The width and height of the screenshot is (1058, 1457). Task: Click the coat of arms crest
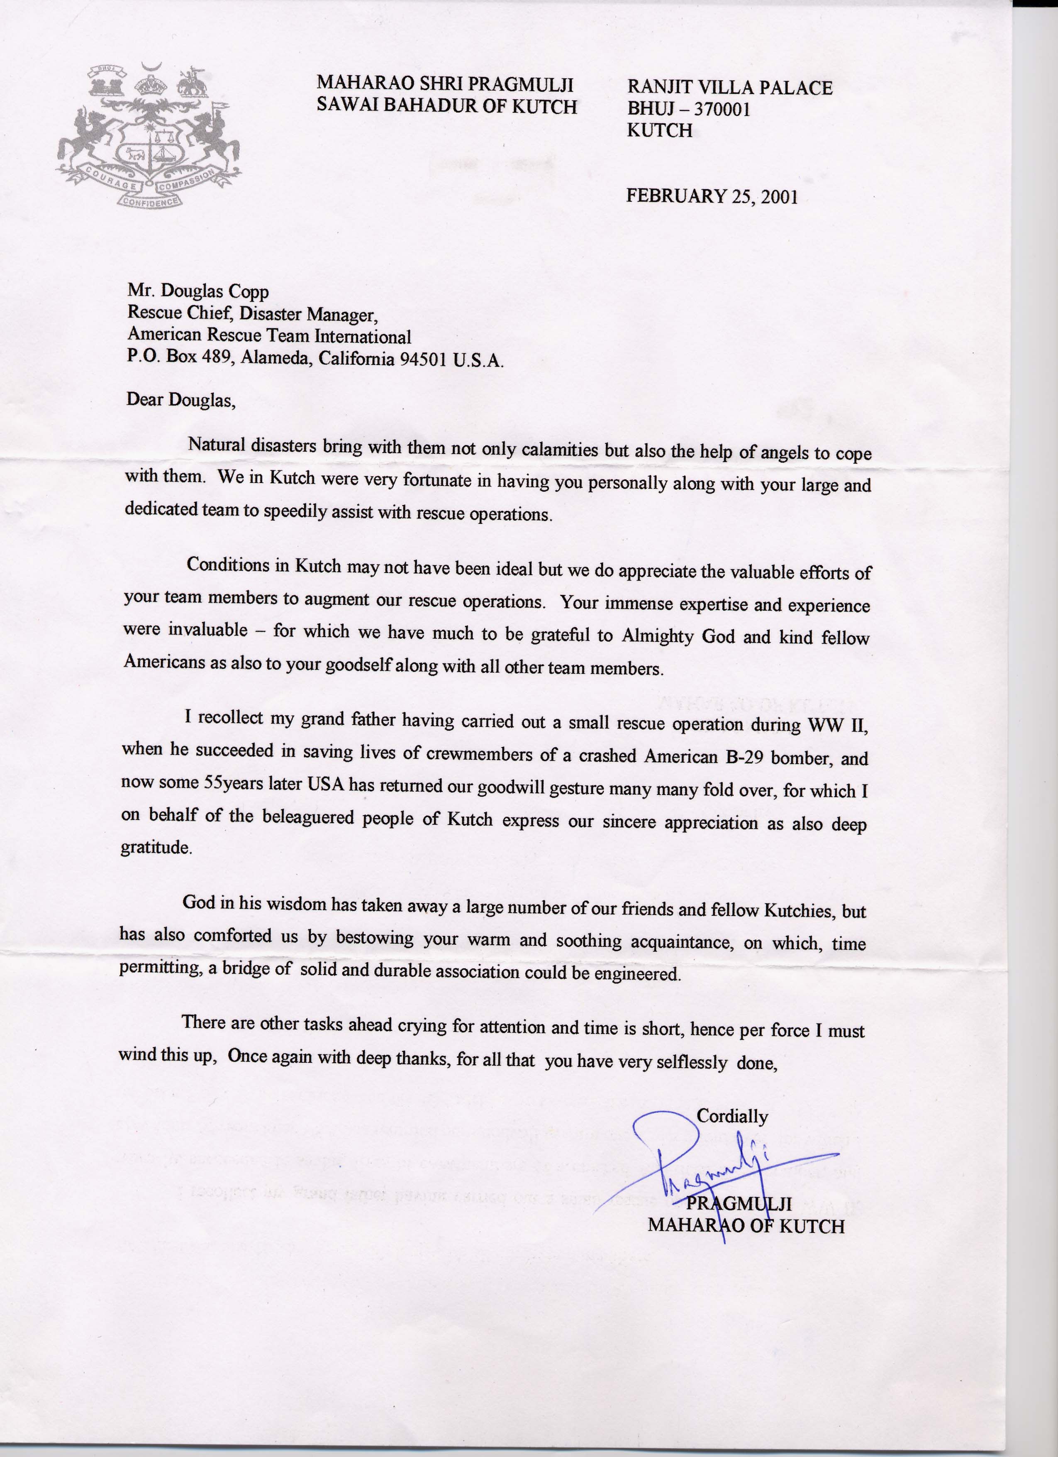[148, 135]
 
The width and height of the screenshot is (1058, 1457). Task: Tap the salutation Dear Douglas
[181, 400]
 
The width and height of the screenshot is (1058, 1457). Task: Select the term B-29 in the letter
[745, 756]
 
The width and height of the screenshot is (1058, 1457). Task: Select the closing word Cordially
[732, 1116]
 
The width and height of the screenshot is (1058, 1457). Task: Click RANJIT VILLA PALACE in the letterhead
[729, 87]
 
